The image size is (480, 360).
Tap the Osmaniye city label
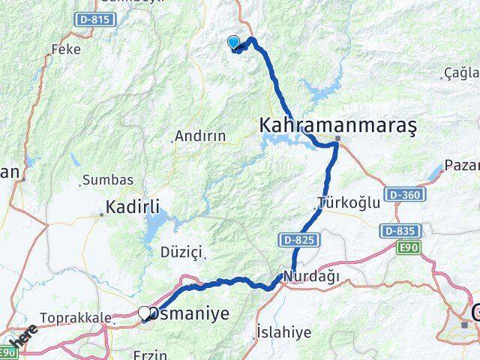[x=187, y=314]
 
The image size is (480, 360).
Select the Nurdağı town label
[x=311, y=277]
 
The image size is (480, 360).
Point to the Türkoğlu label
[x=344, y=202]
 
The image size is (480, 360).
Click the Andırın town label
[x=199, y=136]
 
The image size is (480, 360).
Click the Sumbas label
[x=108, y=180]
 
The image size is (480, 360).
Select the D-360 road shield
[x=404, y=195]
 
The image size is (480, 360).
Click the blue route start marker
[x=233, y=43]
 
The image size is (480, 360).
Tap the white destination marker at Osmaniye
[x=144, y=313]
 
